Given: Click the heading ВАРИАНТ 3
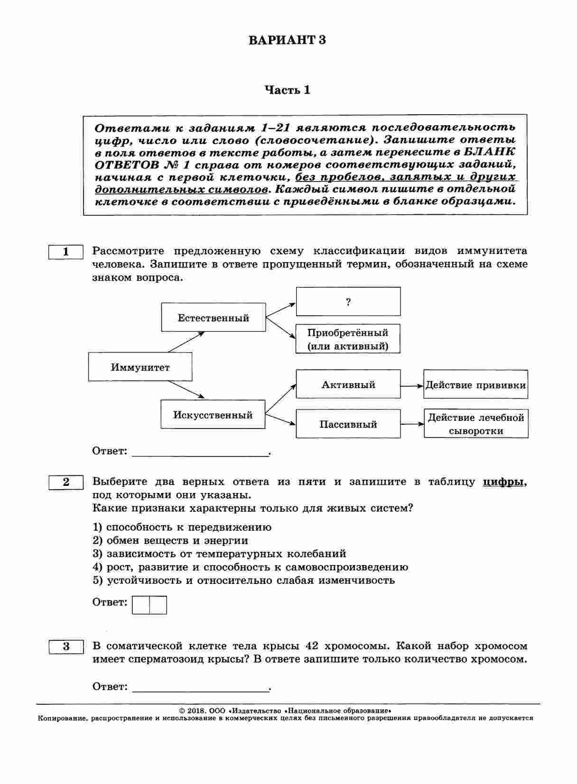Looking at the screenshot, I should [x=287, y=40].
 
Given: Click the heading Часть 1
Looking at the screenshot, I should [x=287, y=90].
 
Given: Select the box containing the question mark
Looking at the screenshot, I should [x=348, y=301].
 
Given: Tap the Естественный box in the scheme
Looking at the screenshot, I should [x=213, y=318].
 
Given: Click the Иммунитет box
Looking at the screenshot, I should [x=140, y=367].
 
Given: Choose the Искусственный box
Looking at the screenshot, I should [x=213, y=415].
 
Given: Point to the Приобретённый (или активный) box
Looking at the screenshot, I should [x=348, y=339].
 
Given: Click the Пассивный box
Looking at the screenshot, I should [x=348, y=424].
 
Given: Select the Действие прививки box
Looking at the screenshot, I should [x=475, y=384].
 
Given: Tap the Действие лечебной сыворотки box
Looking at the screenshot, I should [x=476, y=424].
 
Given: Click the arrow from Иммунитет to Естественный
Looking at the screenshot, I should [x=186, y=342].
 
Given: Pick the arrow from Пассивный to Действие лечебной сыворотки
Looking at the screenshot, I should [x=412, y=424].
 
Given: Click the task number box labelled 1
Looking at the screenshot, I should [x=66, y=252].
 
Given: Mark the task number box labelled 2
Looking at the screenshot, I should [x=66, y=482].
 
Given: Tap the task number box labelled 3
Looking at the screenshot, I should [x=66, y=646].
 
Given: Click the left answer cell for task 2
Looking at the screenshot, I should [x=141, y=605].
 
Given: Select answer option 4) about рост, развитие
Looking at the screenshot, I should [x=250, y=567].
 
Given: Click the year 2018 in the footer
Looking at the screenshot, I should [x=195, y=711].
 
